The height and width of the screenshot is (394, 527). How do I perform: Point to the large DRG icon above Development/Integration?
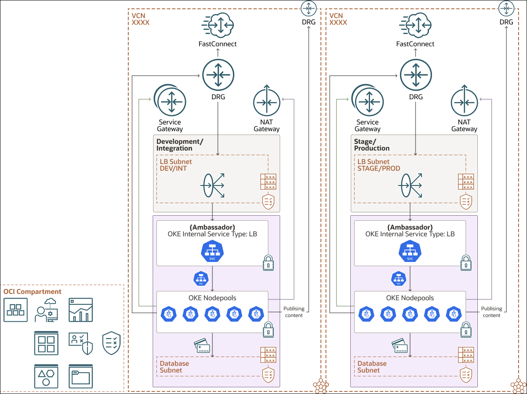click(218, 75)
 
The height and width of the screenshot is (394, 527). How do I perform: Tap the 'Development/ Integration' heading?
click(180, 145)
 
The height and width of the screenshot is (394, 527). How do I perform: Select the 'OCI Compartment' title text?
click(32, 291)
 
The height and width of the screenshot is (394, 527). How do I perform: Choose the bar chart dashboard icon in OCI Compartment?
click(81, 310)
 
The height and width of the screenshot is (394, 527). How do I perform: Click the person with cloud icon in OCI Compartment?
click(47, 310)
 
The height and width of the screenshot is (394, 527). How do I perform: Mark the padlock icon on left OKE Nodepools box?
click(268, 330)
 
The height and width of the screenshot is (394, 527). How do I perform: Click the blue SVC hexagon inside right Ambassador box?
click(410, 251)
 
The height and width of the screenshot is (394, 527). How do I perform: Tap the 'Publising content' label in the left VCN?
click(294, 312)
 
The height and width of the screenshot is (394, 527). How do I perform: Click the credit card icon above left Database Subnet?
click(202, 346)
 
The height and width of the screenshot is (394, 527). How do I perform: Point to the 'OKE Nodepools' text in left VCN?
click(212, 298)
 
